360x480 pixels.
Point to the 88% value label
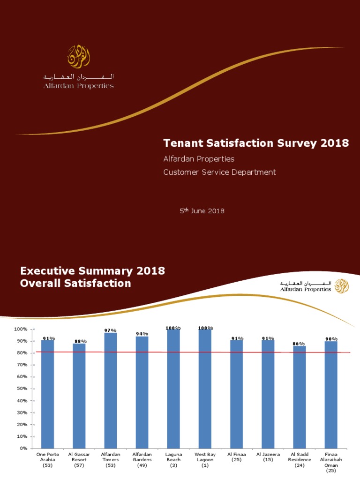(x=80, y=341)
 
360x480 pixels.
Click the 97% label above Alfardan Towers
(x=111, y=330)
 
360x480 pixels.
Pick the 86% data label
(x=300, y=344)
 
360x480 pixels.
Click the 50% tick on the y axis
(x=21, y=389)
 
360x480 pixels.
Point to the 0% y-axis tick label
(x=22, y=449)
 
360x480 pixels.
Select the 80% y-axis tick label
(x=21, y=352)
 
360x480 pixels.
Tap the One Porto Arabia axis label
(x=47, y=460)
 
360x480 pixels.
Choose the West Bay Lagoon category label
(x=205, y=460)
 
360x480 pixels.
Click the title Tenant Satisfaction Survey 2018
(x=255, y=143)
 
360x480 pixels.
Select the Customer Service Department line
(x=219, y=172)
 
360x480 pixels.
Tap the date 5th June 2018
(x=202, y=211)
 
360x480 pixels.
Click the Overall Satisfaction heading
(x=76, y=284)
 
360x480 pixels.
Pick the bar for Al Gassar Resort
(x=79, y=396)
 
